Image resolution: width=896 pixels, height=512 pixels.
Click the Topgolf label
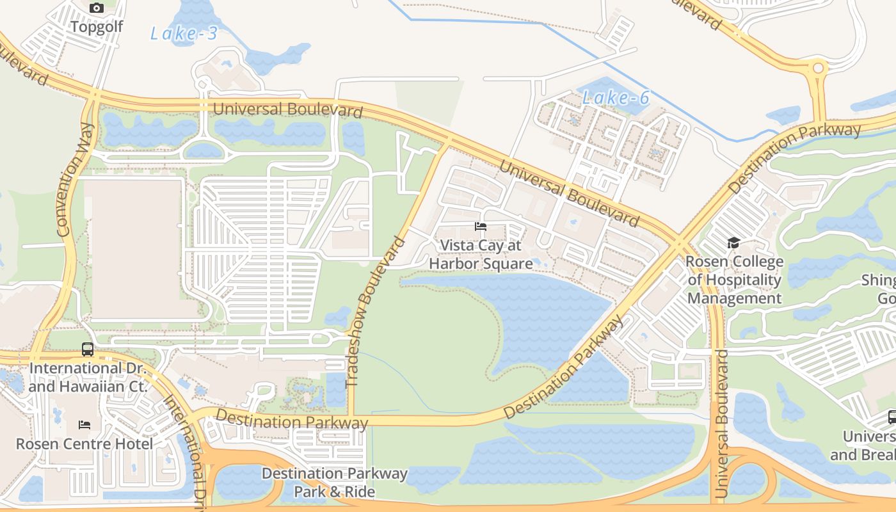[97, 27]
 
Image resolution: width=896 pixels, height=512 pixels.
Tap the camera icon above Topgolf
[97, 8]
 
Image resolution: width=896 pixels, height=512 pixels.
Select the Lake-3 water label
[184, 33]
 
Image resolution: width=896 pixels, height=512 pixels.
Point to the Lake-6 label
[616, 98]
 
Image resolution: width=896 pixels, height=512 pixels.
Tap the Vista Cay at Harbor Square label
[481, 255]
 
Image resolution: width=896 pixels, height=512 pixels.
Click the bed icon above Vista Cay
[481, 227]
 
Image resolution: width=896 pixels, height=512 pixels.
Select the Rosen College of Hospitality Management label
[734, 280]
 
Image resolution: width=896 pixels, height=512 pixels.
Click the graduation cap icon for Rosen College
[733, 243]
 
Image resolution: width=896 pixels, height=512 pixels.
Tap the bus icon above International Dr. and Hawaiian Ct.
[88, 349]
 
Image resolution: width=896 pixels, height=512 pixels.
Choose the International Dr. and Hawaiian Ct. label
[88, 378]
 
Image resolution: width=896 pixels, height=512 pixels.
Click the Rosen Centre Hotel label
[84, 444]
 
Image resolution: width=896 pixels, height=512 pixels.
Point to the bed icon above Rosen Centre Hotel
[84, 425]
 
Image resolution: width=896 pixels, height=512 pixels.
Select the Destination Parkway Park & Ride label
[334, 483]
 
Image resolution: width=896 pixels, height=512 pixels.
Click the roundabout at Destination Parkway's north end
[819, 68]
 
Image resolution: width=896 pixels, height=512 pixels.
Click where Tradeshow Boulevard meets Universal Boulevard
[447, 140]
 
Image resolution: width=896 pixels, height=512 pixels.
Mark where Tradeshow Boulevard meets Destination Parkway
[351, 419]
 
